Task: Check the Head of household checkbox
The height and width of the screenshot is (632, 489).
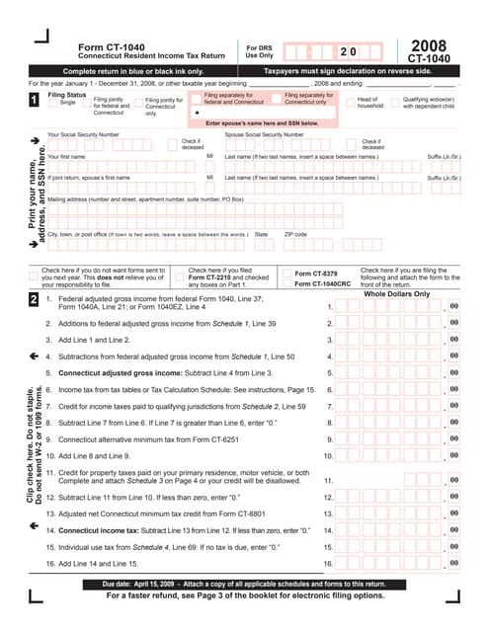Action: pos(348,104)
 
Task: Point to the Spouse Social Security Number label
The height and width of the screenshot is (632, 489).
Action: pos(264,133)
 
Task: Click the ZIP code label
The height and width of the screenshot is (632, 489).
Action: pos(295,234)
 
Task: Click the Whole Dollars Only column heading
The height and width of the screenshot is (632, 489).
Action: pos(397,293)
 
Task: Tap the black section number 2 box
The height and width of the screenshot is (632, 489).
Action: pos(35,299)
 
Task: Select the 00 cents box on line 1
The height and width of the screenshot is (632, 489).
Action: pos(453,307)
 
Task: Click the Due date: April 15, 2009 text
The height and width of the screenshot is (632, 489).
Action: pos(125,586)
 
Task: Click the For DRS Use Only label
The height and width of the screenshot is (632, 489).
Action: pos(260,50)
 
